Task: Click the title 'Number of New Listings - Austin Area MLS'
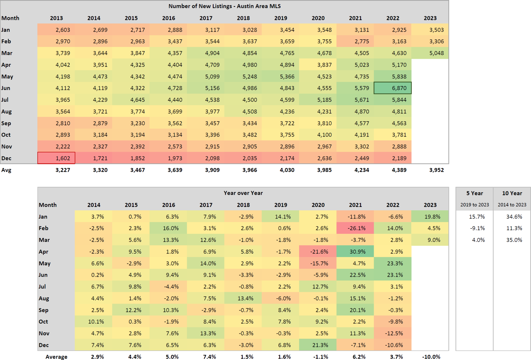click(224, 6)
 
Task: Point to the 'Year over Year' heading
click(243, 193)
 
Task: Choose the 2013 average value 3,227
click(63, 170)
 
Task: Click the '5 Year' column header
click(474, 193)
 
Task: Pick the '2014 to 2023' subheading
click(512, 205)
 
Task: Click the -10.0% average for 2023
click(431, 357)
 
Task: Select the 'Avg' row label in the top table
click(6, 170)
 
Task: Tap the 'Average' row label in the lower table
click(56, 357)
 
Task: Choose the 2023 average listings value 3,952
click(436, 170)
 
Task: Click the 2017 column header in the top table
click(206, 18)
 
